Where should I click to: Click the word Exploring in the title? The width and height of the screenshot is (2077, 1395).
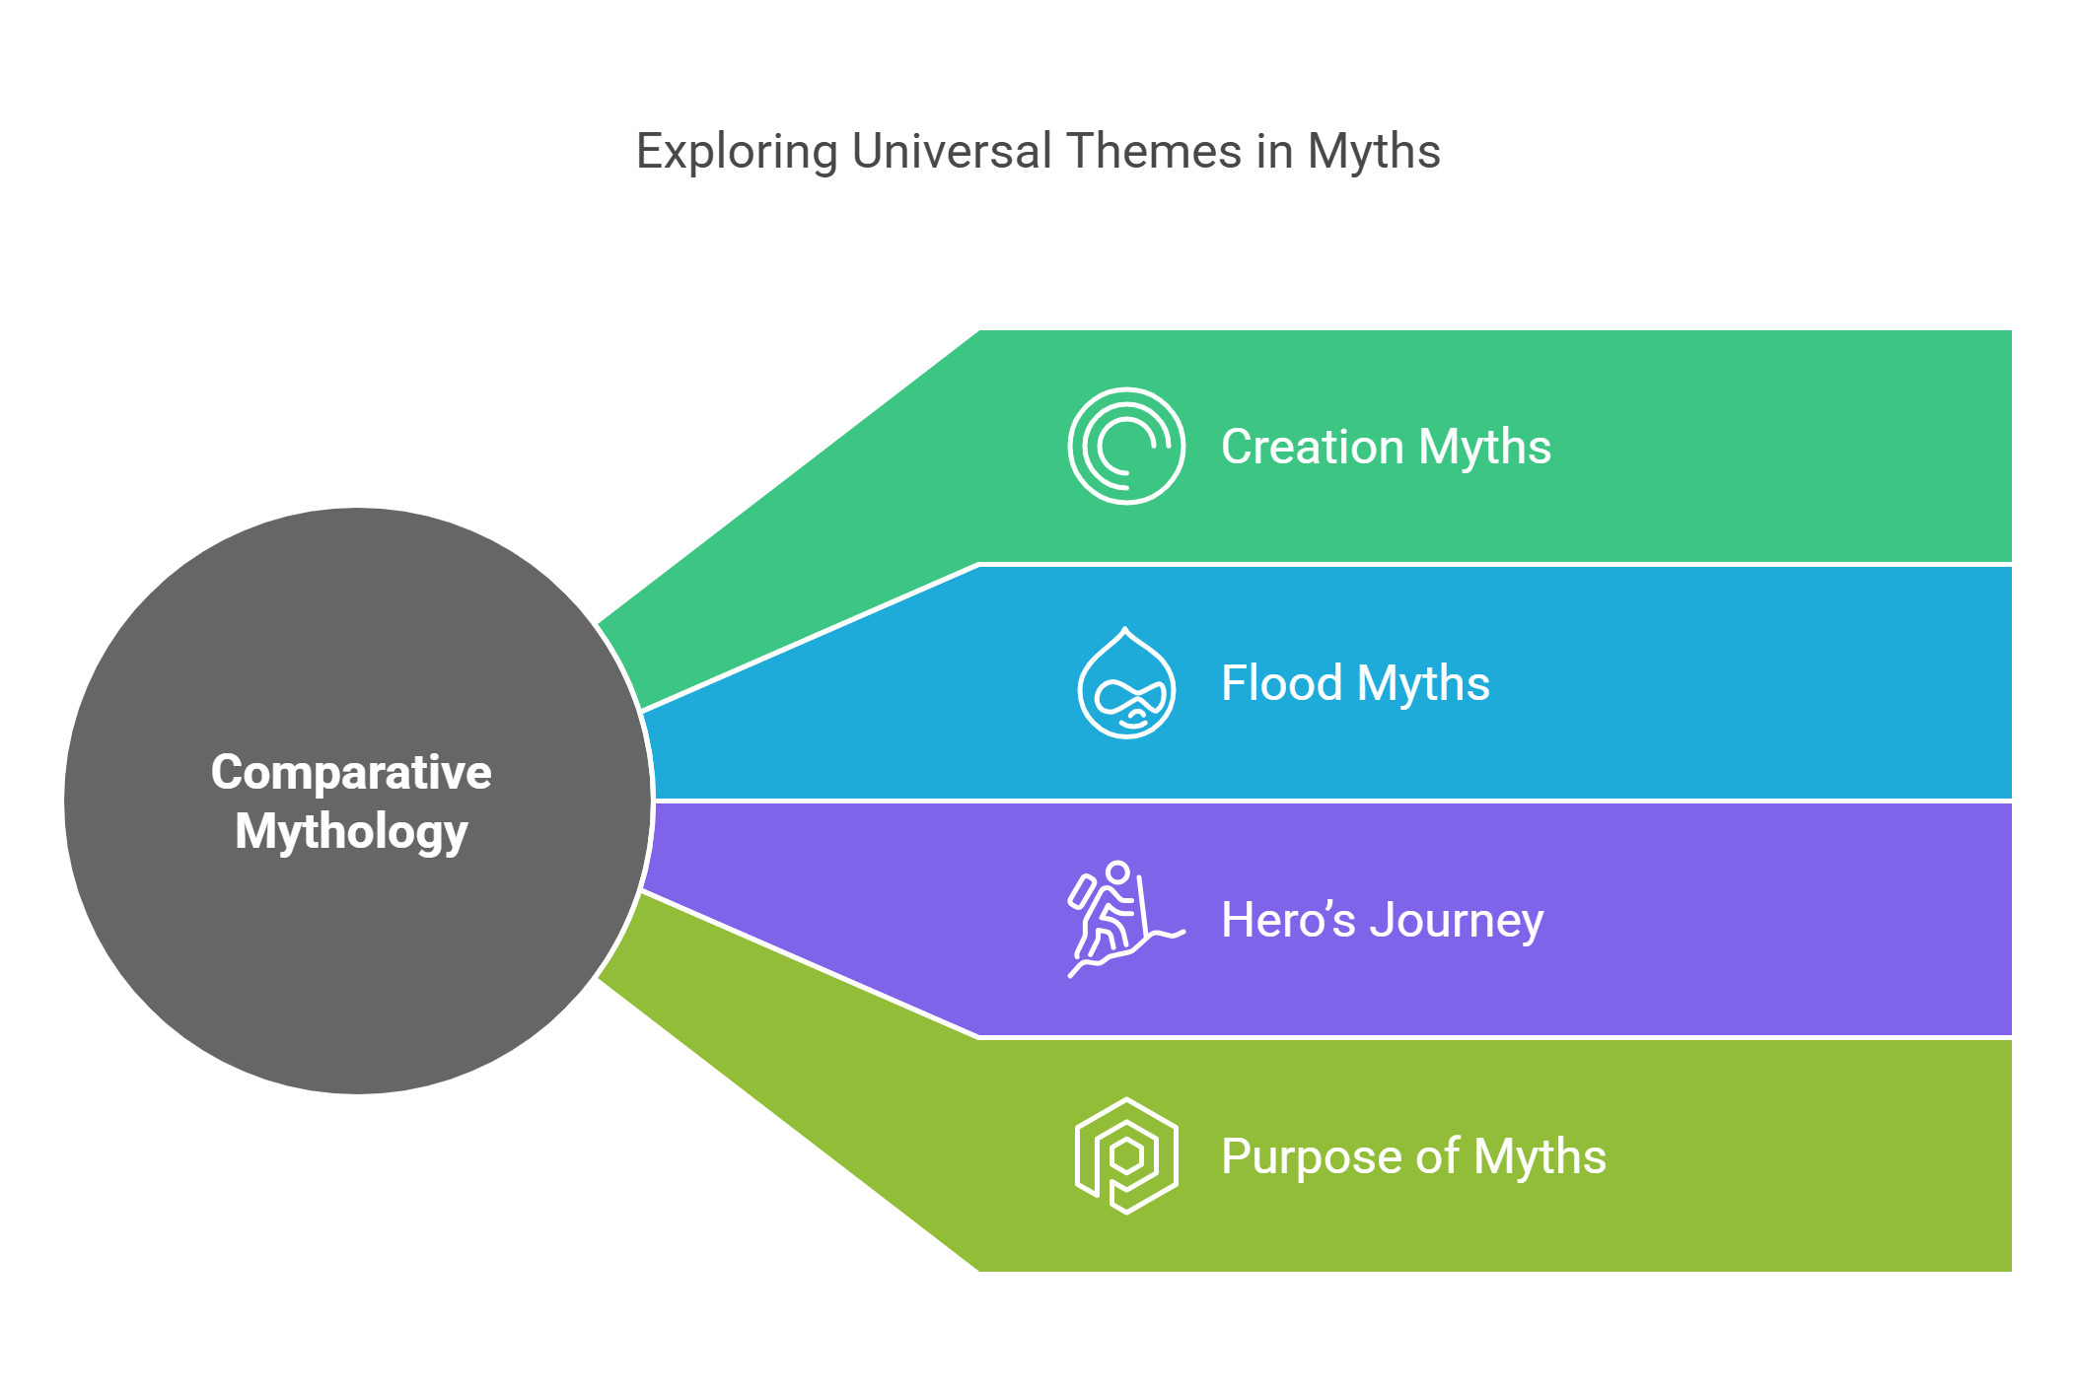tap(737, 153)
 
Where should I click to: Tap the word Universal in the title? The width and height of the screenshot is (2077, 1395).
tap(952, 151)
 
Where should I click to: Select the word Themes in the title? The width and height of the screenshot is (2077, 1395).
tap(1153, 151)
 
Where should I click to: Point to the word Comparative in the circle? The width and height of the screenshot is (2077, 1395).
tap(351, 772)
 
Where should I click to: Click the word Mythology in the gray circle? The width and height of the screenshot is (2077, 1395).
tap(351, 831)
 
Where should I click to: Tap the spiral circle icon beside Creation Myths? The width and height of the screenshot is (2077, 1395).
tap(1125, 446)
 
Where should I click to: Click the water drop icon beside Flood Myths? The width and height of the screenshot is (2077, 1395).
tap(1125, 683)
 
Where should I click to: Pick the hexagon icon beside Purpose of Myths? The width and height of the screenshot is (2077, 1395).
tap(1125, 1155)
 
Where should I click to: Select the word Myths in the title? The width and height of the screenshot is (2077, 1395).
tap(1374, 153)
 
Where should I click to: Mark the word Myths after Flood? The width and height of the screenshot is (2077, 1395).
tap(1423, 684)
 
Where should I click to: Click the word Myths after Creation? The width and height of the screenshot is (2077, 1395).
tap(1484, 448)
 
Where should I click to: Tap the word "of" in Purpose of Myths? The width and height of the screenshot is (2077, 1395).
tap(1437, 1156)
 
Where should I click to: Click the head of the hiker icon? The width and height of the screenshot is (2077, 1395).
tap(1117, 872)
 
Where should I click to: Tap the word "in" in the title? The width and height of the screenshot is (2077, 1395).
tap(1274, 151)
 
